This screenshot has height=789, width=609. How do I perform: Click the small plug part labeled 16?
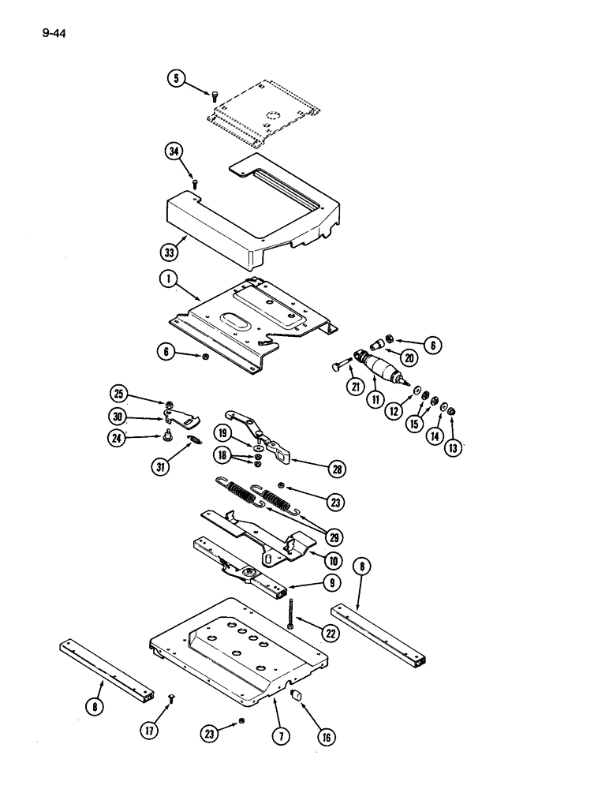pyautogui.click(x=298, y=694)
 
